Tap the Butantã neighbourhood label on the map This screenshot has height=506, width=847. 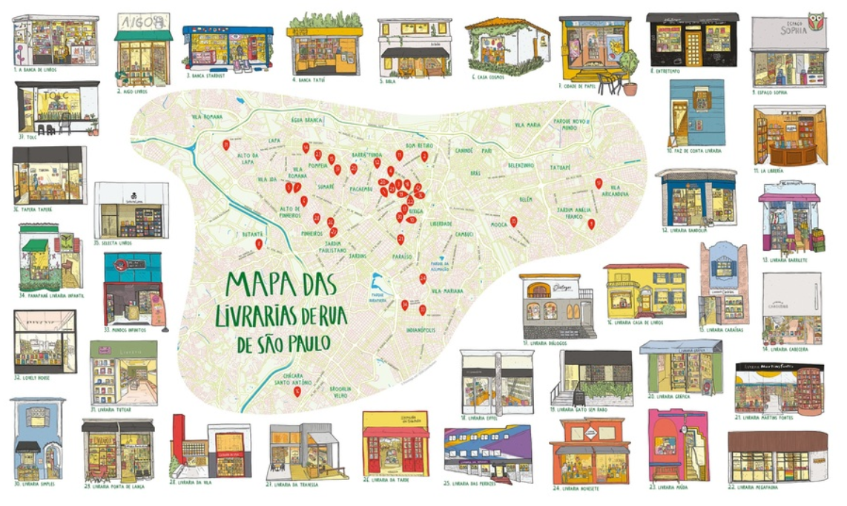click(x=254, y=234)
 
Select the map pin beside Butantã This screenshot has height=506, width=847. click(x=259, y=243)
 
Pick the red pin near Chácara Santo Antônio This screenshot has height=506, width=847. click(x=297, y=390)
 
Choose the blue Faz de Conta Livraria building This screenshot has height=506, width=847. click(x=696, y=113)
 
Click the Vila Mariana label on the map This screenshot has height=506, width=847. click(x=446, y=291)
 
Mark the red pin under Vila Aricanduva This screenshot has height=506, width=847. click(x=591, y=223)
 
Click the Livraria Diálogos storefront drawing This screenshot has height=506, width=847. click(x=556, y=306)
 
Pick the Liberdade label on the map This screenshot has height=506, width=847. click(x=441, y=223)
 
